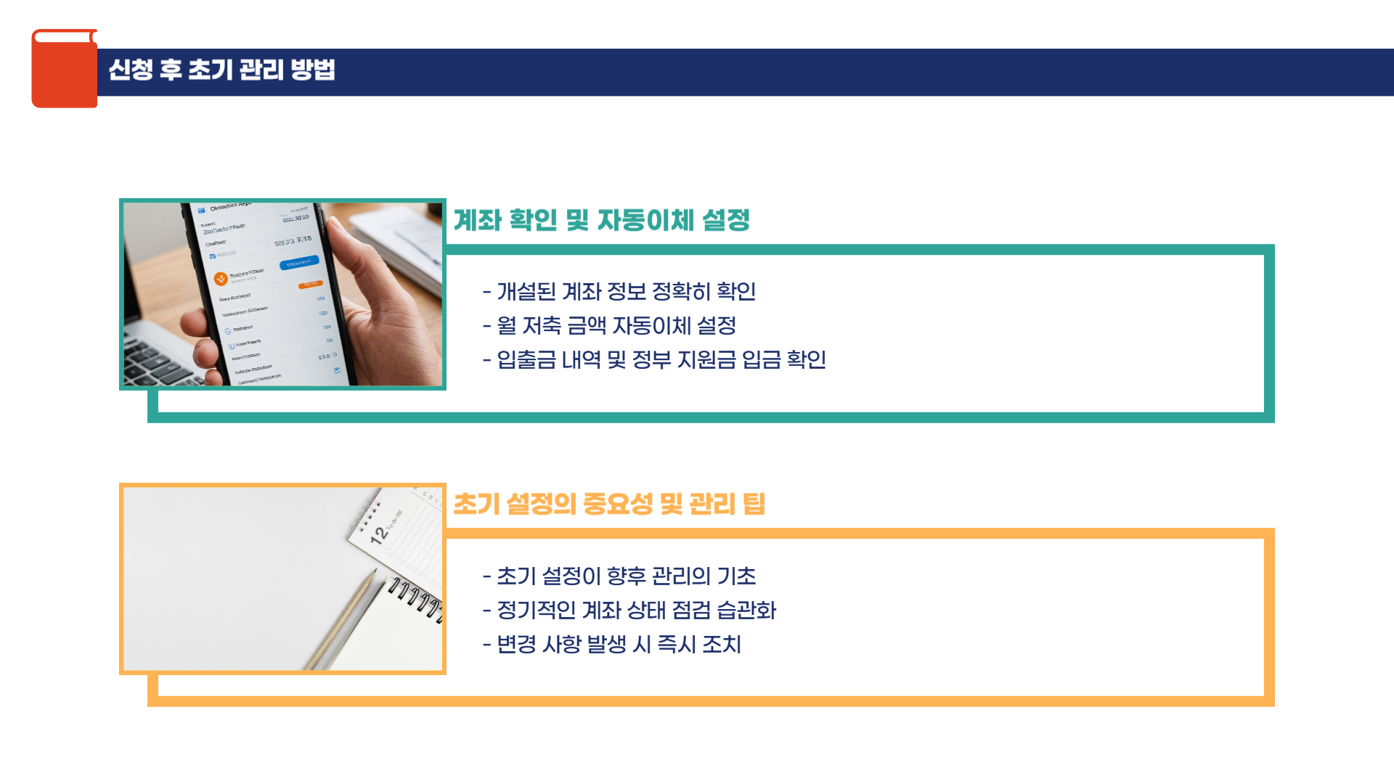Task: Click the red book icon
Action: (x=64, y=69)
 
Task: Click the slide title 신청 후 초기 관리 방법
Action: (x=221, y=70)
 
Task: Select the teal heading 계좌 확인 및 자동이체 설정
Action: (x=601, y=220)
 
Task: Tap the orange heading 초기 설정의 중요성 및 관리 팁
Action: (x=608, y=504)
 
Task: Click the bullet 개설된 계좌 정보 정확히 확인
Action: (x=619, y=292)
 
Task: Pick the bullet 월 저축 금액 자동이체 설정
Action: (x=610, y=326)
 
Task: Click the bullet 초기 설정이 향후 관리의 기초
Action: (x=619, y=576)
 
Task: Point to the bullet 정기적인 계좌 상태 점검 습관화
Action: (x=629, y=611)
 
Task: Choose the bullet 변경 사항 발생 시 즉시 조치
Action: (x=612, y=645)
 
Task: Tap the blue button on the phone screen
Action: (x=298, y=262)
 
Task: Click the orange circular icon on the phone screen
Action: (x=221, y=279)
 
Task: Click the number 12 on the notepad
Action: (x=378, y=535)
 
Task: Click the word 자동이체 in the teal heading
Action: (x=645, y=220)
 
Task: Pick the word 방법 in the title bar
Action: (x=313, y=70)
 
